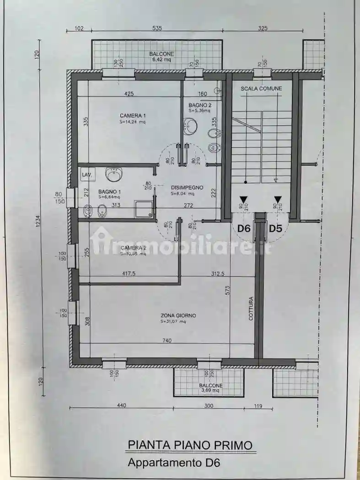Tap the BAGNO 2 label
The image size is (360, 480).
200,105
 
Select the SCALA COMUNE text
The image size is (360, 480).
261,88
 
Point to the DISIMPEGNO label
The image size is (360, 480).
187,187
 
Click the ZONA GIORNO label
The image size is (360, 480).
178,315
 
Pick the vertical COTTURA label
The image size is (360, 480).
251,309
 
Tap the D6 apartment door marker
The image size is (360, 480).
243,228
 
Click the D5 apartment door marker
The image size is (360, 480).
275,228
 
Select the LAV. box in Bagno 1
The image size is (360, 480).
86,175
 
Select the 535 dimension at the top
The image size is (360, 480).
157,28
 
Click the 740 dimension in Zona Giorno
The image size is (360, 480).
166,340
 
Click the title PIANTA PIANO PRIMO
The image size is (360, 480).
190,444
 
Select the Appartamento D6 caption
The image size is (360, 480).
174,462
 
